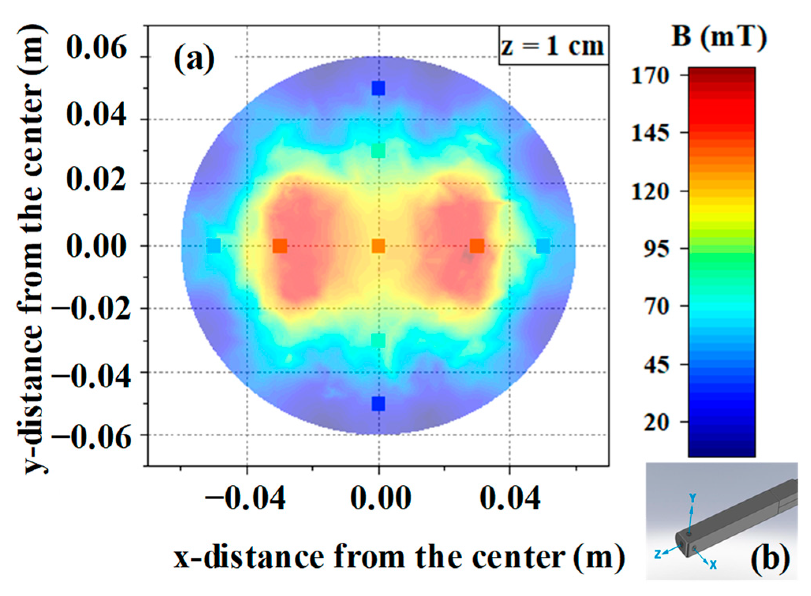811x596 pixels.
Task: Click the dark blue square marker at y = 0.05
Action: [x=378, y=88]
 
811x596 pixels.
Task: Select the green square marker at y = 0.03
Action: [x=378, y=151]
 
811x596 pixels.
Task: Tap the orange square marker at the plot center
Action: [x=378, y=246]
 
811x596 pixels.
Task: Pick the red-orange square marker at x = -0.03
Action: [x=280, y=246]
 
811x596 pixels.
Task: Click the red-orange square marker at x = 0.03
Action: [x=477, y=246]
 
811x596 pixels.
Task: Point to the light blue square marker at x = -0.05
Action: [x=214, y=246]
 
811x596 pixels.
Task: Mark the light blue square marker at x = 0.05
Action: [x=543, y=246]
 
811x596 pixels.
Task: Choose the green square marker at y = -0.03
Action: [x=378, y=340]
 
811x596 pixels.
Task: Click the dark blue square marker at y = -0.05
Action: [x=378, y=404]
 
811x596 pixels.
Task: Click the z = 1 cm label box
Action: [x=553, y=46]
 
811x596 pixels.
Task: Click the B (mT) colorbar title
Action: [x=719, y=37]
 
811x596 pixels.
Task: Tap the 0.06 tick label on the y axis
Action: [x=96, y=47]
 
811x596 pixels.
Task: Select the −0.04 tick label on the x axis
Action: [x=245, y=498]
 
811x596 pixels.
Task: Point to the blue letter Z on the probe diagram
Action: [x=657, y=554]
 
